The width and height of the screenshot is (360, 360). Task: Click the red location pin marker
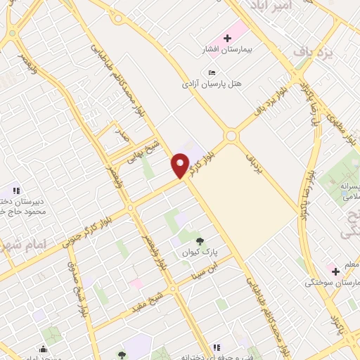click(180, 165)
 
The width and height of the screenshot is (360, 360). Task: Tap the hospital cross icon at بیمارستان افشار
click(227, 37)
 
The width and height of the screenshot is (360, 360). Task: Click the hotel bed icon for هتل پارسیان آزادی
click(212, 72)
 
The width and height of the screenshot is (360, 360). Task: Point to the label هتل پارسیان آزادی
click(212, 84)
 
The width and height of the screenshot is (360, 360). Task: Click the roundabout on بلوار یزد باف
click(231, 136)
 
